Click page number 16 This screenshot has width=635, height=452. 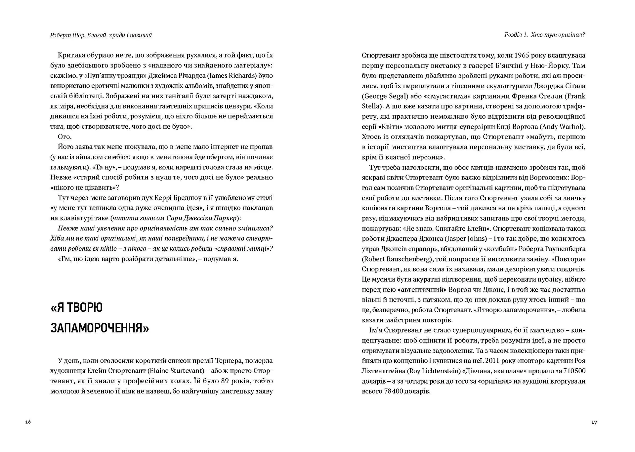click(x=28, y=422)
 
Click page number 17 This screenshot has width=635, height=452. click(x=594, y=422)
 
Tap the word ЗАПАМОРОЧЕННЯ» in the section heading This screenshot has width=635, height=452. click(x=100, y=328)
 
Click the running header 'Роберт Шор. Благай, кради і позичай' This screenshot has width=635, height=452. click(x=101, y=35)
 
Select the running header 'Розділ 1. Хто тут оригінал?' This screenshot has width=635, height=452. click(x=544, y=35)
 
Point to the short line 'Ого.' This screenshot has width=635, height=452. click(x=64, y=137)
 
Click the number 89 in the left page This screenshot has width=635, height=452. click(x=225, y=381)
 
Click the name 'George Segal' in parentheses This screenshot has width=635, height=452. click(x=386, y=96)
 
